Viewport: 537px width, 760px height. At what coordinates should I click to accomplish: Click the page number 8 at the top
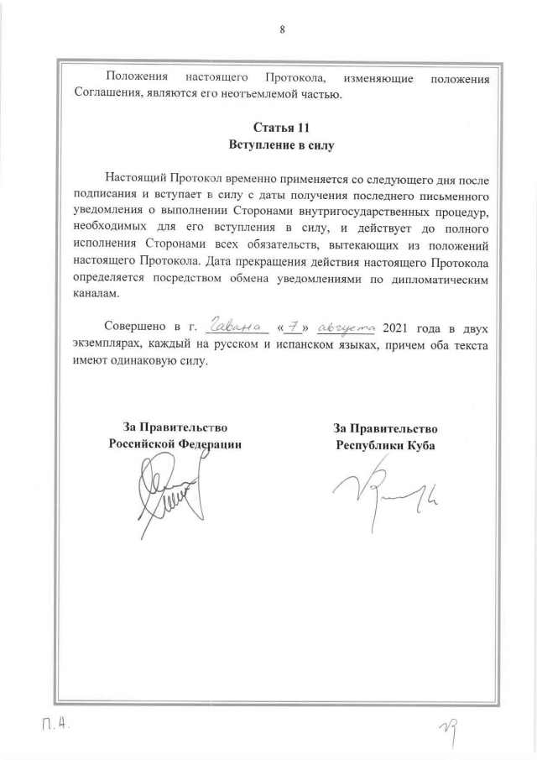tap(282, 29)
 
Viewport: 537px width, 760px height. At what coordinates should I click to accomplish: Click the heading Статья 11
tap(282, 128)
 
